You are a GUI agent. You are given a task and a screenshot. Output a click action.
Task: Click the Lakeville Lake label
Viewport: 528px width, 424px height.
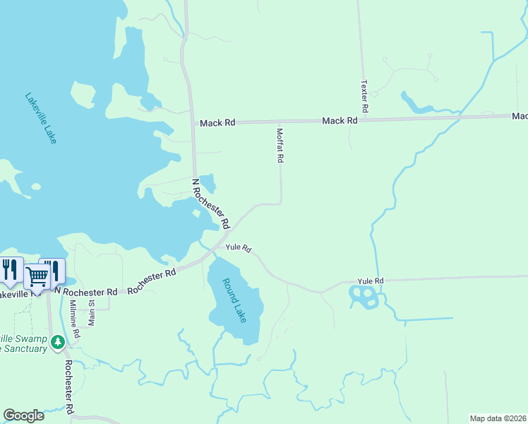coord(40,118)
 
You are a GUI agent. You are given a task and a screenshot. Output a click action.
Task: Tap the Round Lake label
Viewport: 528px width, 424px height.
coord(235,300)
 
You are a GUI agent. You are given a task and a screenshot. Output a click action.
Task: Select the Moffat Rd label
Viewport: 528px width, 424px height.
coord(280,145)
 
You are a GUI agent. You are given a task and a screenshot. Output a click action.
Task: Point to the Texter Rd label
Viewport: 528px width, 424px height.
coord(365,96)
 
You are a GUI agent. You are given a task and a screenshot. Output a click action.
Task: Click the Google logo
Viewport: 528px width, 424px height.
coord(23,416)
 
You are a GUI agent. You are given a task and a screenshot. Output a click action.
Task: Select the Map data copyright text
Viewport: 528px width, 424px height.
coord(498,418)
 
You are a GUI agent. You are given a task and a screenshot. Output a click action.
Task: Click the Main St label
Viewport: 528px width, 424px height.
coord(91,312)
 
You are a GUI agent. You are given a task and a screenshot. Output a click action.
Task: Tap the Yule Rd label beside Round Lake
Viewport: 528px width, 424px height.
coord(239,248)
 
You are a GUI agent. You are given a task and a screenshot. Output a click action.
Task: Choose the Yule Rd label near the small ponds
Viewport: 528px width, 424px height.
coord(370,281)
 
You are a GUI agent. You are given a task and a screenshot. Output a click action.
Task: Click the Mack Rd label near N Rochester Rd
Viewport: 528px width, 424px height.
coord(217,123)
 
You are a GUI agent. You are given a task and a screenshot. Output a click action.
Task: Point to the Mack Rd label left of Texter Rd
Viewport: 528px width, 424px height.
coord(340,121)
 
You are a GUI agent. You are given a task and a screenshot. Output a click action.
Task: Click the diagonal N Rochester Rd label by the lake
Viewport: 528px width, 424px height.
coord(212,203)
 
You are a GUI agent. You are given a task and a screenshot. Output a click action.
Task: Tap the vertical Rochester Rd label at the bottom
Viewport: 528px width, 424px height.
coord(68,387)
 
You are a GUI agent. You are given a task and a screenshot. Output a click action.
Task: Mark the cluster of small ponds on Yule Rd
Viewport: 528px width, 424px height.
coord(364,297)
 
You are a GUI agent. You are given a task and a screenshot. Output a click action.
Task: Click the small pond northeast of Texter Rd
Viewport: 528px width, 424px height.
coord(416,103)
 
